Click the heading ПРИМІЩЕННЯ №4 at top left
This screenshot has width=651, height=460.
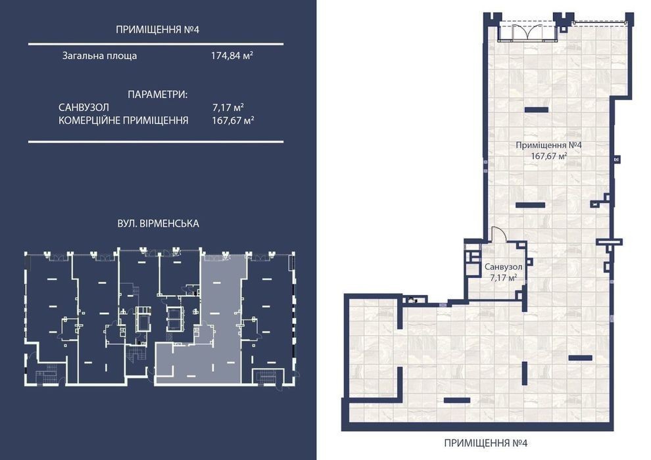point(158,30)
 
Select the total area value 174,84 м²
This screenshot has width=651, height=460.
point(232,56)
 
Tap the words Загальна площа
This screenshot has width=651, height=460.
point(100,56)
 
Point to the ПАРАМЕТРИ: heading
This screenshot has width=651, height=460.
point(158,95)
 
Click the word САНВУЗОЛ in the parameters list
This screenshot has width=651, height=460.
point(84,107)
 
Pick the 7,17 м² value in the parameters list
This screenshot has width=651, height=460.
point(228,107)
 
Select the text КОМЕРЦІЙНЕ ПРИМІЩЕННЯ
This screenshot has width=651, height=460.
point(124,120)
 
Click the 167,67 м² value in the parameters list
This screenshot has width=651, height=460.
point(233,120)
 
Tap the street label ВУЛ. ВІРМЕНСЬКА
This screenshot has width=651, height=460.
point(158,223)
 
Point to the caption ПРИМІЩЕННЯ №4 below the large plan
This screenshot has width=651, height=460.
point(486,443)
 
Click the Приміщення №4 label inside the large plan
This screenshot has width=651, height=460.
point(548,145)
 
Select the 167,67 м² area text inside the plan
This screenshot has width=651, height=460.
point(549,156)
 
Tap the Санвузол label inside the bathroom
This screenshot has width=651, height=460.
point(503,267)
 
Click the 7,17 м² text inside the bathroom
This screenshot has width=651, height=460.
point(503,278)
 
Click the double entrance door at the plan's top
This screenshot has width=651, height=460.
point(527,32)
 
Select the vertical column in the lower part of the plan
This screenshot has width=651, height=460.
point(525,373)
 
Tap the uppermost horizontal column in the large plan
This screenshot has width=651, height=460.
point(537,110)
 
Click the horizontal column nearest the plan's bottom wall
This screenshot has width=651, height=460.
point(457,400)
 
